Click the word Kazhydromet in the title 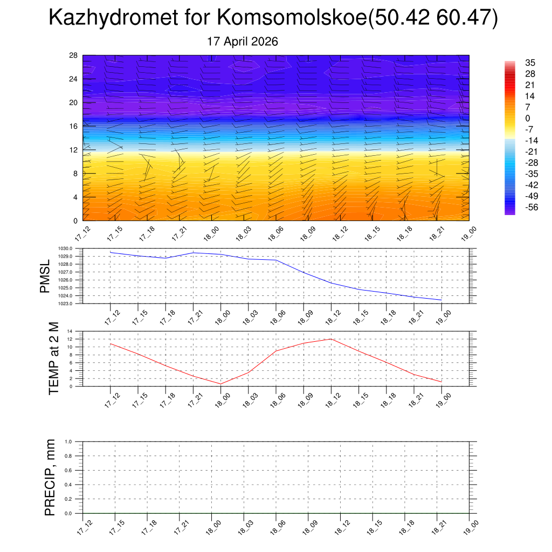[113, 17]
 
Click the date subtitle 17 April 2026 [243, 42]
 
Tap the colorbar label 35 [530, 63]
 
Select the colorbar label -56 [531, 207]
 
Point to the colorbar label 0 [527, 118]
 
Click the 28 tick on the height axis [73, 56]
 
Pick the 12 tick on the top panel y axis [73, 150]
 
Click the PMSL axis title [45, 277]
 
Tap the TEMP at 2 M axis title [53, 358]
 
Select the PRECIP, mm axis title [50, 478]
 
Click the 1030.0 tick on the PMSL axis [65, 249]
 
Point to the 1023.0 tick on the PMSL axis [65, 303]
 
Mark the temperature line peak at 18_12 [331, 339]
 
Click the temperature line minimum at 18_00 [220, 384]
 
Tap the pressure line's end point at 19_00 [441, 300]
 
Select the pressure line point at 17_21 [194, 253]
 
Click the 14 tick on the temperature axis [70, 332]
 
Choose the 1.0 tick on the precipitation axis [68, 441]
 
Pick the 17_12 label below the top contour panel [83, 234]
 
